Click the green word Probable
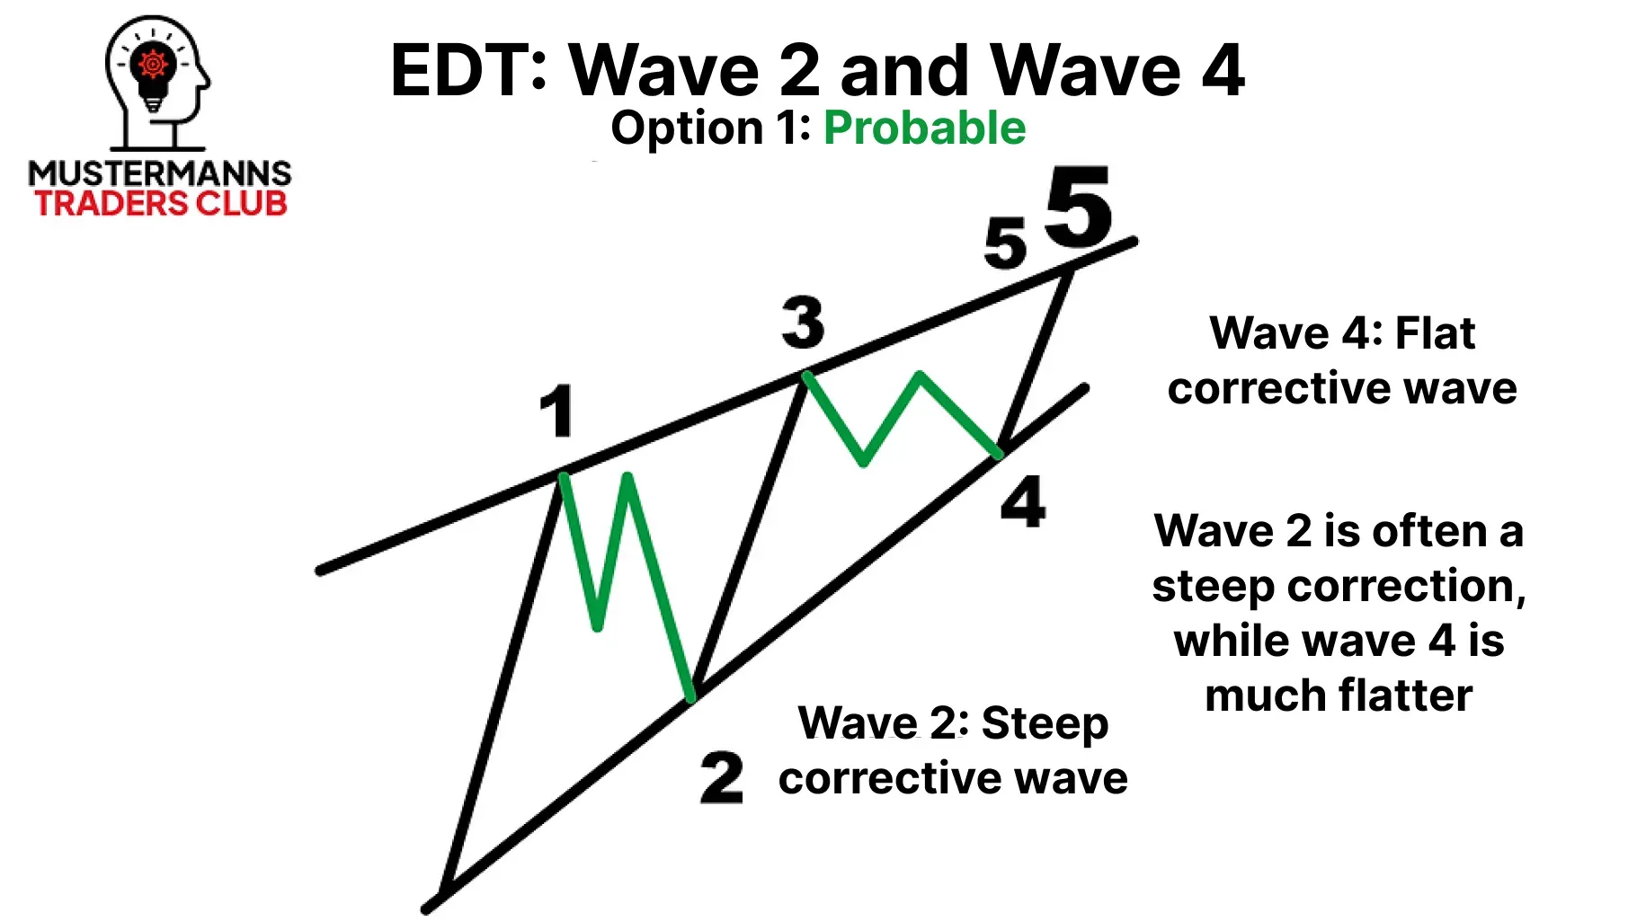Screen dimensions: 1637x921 [x=924, y=128]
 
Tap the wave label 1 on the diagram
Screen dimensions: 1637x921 [x=557, y=411]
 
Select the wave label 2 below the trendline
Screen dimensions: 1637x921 [x=722, y=778]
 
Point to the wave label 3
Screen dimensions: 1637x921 [x=803, y=323]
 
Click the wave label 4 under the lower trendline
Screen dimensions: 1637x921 [x=1023, y=502]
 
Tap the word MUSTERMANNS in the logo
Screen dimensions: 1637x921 [x=160, y=173]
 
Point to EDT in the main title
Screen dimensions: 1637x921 [x=467, y=71]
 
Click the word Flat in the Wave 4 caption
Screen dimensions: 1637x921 [x=1435, y=333]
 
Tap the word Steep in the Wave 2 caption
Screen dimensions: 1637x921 [x=1045, y=724]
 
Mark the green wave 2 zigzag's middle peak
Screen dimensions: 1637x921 [x=627, y=477]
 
